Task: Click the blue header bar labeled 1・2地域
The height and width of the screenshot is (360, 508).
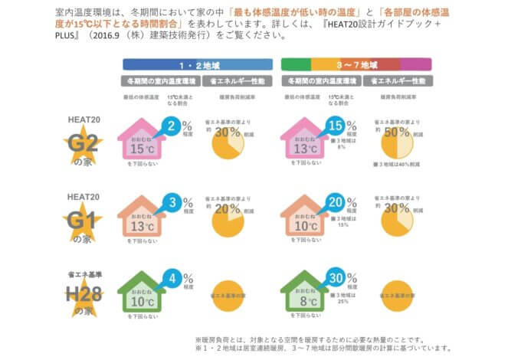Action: (x=194, y=64)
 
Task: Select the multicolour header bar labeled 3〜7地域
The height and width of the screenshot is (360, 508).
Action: (x=356, y=64)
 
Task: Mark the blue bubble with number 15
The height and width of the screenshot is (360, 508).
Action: (x=336, y=126)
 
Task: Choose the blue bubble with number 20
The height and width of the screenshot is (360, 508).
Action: (x=336, y=204)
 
